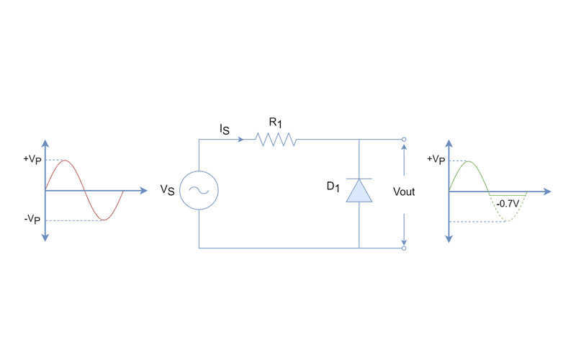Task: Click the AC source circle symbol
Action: (x=198, y=191)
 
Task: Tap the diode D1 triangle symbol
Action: (x=359, y=191)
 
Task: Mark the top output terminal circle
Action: (x=404, y=139)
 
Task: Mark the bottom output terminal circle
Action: (x=404, y=248)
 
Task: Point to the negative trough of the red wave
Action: (x=105, y=220)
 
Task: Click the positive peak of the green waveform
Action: (x=469, y=162)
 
